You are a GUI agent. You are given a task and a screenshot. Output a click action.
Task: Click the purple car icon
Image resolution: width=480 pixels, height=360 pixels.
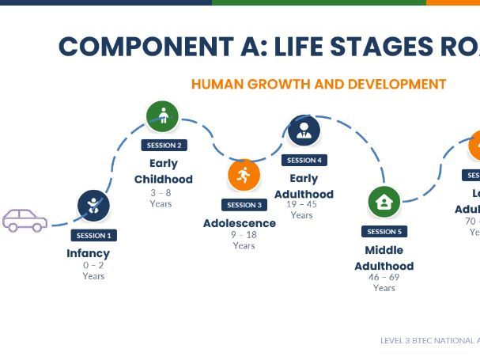coord(25,220)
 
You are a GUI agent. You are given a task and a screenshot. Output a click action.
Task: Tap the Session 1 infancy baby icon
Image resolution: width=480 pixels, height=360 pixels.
coord(93,206)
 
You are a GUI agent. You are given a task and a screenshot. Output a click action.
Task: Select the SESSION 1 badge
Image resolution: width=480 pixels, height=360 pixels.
coord(93,235)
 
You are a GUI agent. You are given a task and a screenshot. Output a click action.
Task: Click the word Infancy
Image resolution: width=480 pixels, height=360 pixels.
coord(88,253)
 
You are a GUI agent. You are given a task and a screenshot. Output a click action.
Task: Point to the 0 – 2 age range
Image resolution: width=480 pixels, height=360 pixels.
coord(93,265)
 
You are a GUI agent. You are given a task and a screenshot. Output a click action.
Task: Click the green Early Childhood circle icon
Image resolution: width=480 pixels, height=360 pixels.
coord(163,116)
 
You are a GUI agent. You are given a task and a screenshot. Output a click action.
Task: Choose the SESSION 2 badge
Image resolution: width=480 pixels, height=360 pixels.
coord(164,145)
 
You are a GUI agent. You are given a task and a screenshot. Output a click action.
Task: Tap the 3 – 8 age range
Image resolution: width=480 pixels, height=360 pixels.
coord(161,192)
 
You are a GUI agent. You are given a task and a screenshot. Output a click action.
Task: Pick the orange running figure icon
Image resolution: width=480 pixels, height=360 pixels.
coord(244,175)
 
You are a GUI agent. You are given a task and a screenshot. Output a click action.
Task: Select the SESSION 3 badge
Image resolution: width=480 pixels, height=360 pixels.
coord(244,205)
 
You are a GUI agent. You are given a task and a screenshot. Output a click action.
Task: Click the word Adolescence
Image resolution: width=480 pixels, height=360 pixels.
coord(240,223)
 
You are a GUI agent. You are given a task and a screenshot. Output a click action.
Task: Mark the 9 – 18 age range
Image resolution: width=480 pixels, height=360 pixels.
coord(244,235)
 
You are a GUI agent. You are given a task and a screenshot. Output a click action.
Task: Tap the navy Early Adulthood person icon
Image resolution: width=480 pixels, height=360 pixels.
coord(304,131)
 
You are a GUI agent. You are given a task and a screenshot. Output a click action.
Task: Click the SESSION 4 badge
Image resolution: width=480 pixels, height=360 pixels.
coord(304,160)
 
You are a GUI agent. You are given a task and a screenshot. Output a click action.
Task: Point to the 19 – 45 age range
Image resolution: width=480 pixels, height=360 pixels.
coord(301,204)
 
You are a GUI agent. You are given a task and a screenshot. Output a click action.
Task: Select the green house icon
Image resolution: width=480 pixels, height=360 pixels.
coord(384,202)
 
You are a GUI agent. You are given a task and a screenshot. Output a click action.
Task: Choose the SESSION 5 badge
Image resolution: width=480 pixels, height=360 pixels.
coord(384,231)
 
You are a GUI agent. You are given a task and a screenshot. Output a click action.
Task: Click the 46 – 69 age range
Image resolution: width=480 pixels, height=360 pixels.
coord(384,277)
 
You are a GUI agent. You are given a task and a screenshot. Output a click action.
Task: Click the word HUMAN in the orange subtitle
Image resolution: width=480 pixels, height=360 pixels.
coord(217,84)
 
